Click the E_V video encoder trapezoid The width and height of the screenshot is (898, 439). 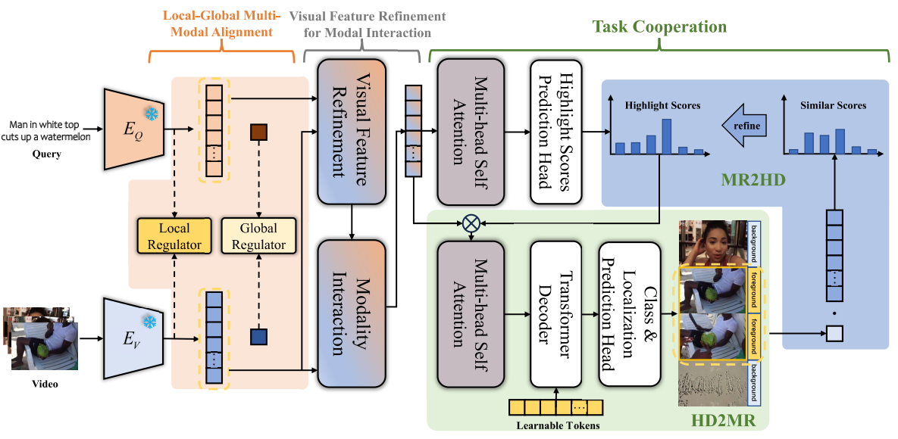(133, 336)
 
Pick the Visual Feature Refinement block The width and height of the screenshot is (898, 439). (352, 130)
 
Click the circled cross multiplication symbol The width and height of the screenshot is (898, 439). (471, 223)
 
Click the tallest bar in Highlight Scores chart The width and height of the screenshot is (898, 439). (666, 136)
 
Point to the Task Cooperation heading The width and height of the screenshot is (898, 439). (659, 26)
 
